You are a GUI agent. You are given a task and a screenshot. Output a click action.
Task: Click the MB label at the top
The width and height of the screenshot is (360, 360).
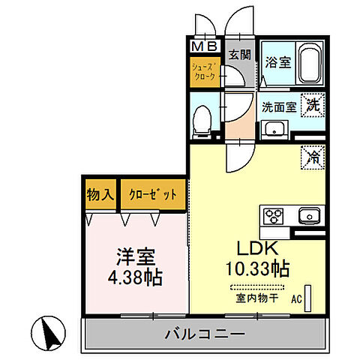coord(203,46)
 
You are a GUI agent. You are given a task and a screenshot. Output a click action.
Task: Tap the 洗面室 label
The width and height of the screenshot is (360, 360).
coord(277,106)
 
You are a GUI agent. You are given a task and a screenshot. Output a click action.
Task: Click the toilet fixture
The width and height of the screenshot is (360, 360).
coord(202,119)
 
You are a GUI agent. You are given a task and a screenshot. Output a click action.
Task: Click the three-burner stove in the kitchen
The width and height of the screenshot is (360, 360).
coord(272,216)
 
